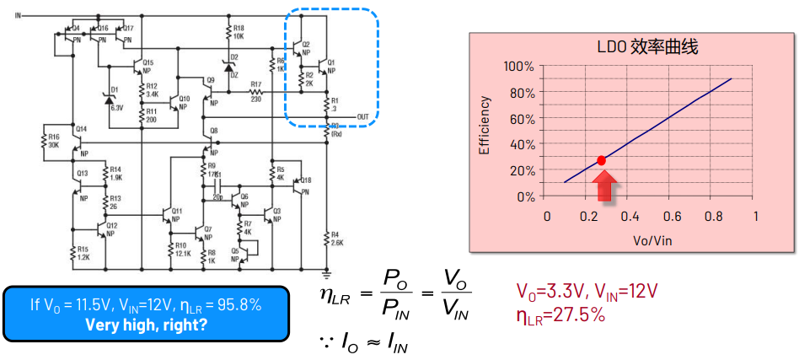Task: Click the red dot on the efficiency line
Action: point(601,160)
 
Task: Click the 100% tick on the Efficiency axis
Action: point(518,67)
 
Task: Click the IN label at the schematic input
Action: point(19,15)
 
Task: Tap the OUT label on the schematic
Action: point(363,116)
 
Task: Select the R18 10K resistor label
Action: point(238,33)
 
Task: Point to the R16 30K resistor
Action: point(49,141)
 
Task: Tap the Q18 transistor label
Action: point(306,180)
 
